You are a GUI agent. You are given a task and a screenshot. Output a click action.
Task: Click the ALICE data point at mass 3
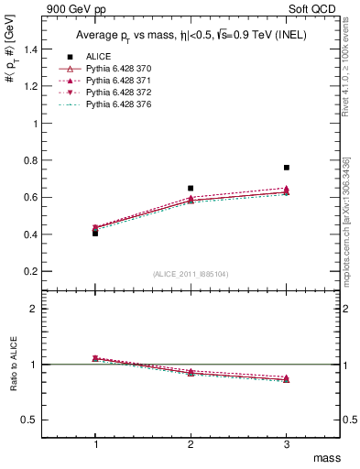(287, 168)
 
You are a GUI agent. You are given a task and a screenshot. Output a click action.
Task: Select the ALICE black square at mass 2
(191, 188)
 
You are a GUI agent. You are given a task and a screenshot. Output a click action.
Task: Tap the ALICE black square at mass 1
(95, 233)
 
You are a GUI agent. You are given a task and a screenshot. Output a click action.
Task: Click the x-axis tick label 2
(191, 443)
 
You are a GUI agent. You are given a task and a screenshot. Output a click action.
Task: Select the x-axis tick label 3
(287, 443)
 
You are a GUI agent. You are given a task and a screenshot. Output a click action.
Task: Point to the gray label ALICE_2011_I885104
(191, 273)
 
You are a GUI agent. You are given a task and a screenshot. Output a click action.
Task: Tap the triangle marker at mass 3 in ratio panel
(287, 378)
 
